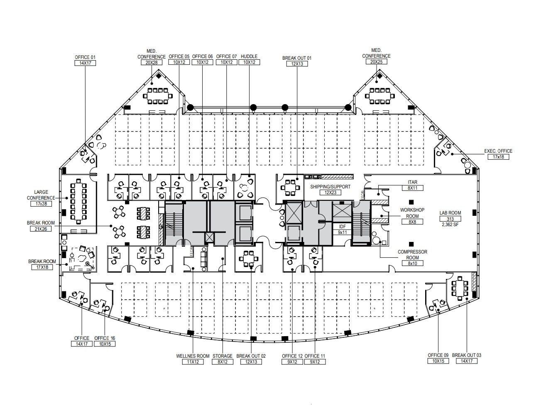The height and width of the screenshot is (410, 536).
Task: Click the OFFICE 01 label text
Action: (x=85, y=57)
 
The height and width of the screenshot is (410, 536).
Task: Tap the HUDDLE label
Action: (x=249, y=56)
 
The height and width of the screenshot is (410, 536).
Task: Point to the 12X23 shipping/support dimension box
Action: (x=330, y=193)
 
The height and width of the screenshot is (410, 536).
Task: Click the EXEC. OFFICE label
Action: (x=498, y=151)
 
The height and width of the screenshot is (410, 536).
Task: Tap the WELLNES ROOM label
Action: (x=193, y=356)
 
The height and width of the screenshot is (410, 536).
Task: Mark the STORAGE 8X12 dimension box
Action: (x=223, y=362)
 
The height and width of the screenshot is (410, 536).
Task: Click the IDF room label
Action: (x=342, y=227)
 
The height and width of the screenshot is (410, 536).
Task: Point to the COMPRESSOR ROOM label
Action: (x=412, y=255)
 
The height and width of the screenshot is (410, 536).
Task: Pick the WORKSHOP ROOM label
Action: (x=412, y=212)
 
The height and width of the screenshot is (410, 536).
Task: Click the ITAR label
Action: (x=412, y=182)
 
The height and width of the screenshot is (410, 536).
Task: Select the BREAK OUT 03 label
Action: (x=467, y=355)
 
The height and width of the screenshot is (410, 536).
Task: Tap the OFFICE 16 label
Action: (x=105, y=338)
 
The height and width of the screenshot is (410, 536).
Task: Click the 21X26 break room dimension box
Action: (x=41, y=229)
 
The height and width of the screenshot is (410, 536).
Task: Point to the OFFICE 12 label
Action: (x=292, y=356)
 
